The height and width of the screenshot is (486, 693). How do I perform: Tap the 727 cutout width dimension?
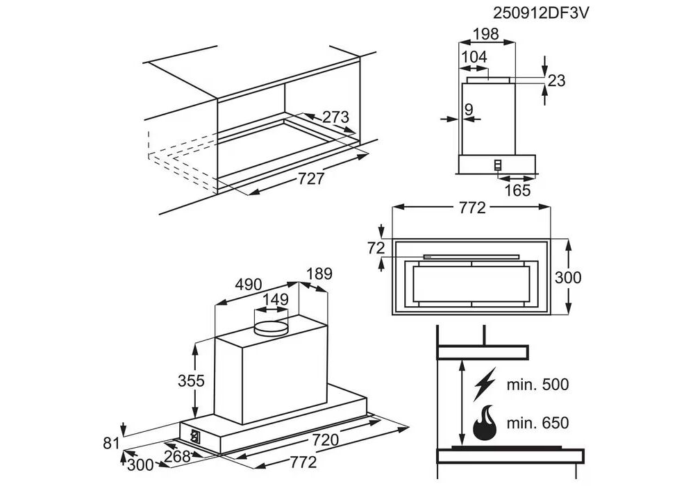point(311,179)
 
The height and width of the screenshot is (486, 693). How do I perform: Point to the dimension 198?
point(486,34)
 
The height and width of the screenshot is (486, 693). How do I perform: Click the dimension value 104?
point(474,56)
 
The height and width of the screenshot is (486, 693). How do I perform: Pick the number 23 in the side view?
point(556,81)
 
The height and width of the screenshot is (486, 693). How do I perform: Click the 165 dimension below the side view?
point(517,190)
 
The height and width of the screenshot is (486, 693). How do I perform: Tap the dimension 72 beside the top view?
point(375,247)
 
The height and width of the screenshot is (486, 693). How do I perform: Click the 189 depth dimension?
point(319,273)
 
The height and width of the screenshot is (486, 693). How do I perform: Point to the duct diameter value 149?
point(276,300)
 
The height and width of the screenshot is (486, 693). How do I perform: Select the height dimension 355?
point(191,380)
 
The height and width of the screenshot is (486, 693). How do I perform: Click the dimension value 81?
point(112,442)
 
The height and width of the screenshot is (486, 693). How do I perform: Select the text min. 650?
point(537,423)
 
